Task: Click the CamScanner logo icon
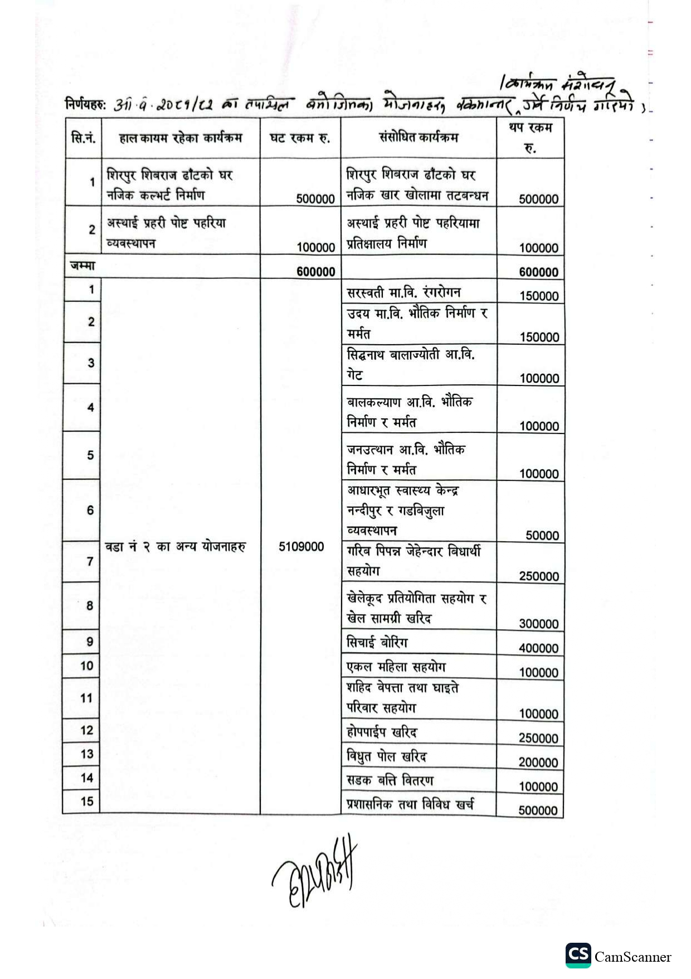coord(578,955)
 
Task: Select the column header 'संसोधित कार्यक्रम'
coord(419,137)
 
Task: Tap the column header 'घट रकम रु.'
coord(300,138)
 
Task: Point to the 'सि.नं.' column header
coord(82,138)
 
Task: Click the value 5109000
coord(301,547)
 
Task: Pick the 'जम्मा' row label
coord(82,266)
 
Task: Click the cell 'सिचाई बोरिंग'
coord(377,643)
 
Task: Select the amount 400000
coord(538,648)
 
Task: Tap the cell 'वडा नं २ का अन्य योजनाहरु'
coord(175,547)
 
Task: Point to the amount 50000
coord(542,536)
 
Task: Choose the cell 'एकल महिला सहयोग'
coord(396,667)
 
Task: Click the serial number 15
coord(87,802)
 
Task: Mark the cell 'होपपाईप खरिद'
coord(382,732)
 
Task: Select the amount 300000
coord(538,624)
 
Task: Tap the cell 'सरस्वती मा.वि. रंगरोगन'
coord(403,292)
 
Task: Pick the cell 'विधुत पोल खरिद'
coord(386,756)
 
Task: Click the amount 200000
coord(538,763)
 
